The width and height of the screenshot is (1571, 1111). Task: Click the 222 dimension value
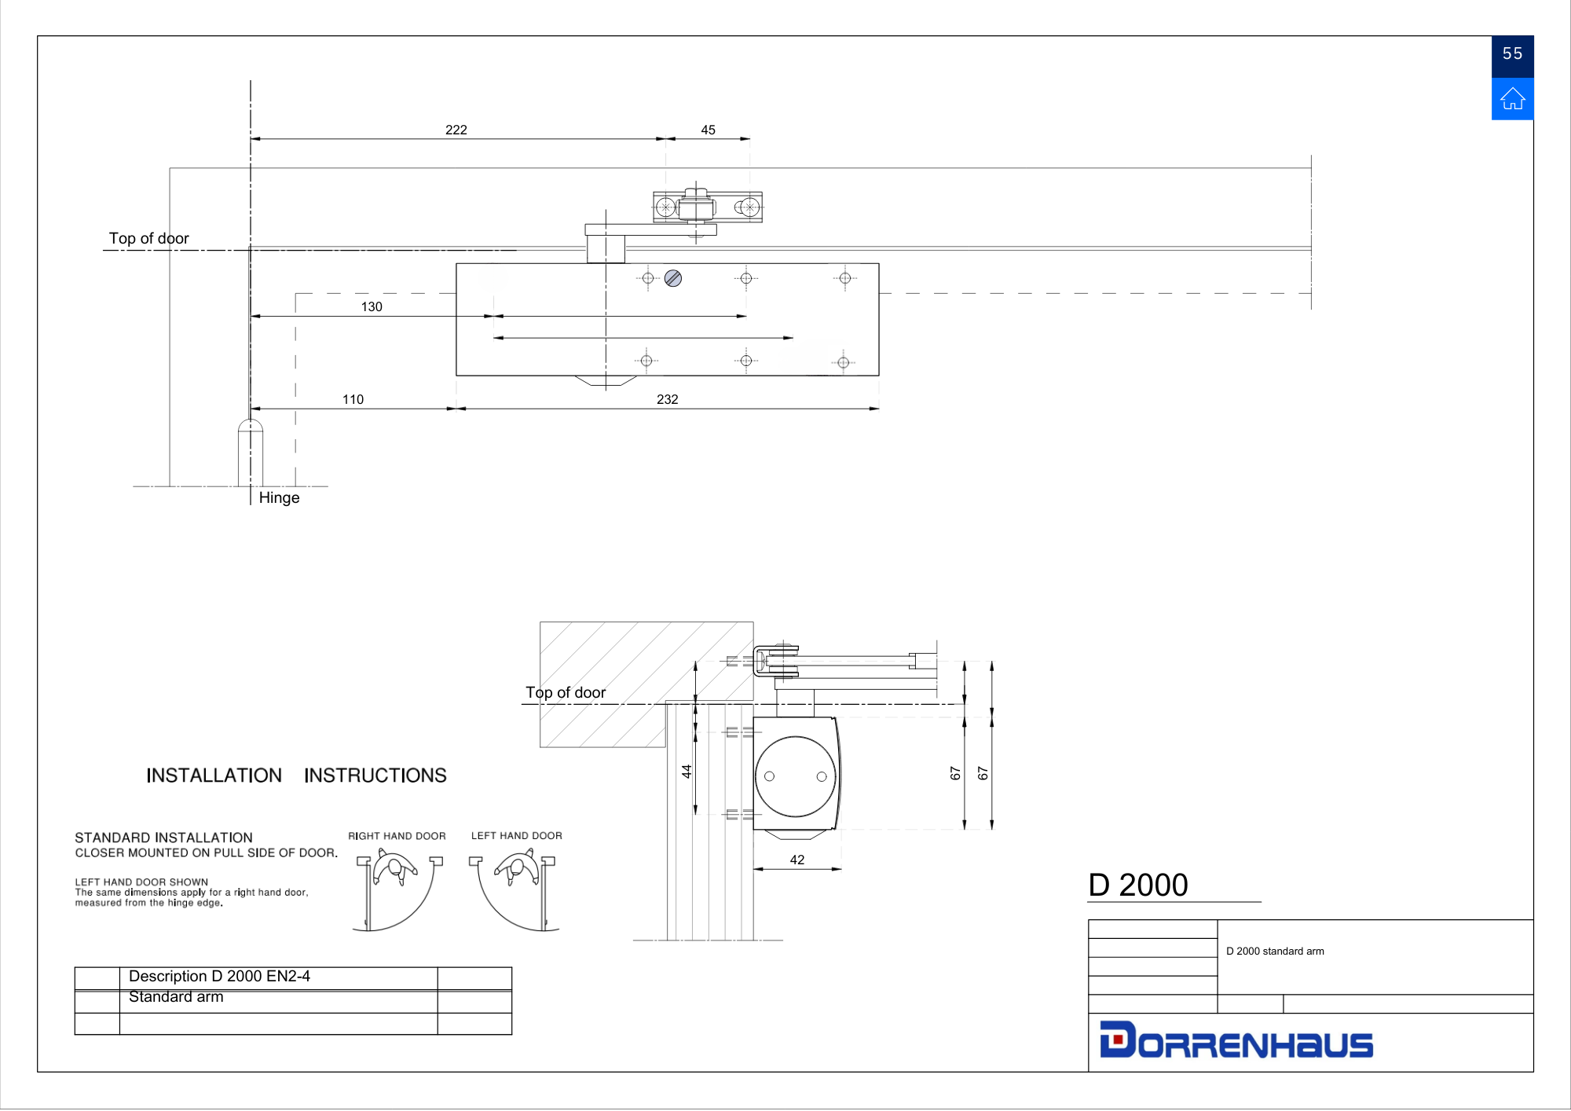pyautogui.click(x=456, y=130)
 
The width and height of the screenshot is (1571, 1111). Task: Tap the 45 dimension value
pyautogui.click(x=708, y=130)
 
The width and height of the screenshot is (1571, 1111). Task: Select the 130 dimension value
pyautogui.click(x=372, y=306)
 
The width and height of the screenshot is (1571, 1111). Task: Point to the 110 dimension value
pyautogui.click(x=353, y=399)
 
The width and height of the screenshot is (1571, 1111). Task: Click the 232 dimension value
pyautogui.click(x=667, y=399)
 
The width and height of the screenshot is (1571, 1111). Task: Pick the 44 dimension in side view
pyautogui.click(x=687, y=772)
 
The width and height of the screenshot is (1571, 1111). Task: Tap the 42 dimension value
pyautogui.click(x=796, y=860)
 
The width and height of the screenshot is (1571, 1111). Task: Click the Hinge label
pyautogui.click(x=279, y=498)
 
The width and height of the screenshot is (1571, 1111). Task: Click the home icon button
pyautogui.click(x=1512, y=99)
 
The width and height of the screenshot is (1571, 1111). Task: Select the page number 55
pyautogui.click(x=1512, y=53)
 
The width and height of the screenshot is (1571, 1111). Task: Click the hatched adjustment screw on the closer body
pyautogui.click(x=672, y=278)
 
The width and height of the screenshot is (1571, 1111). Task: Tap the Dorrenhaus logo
pyautogui.click(x=1236, y=1040)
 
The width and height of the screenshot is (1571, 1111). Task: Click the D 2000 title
pyautogui.click(x=1137, y=885)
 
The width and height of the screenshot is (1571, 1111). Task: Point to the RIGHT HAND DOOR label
pyautogui.click(x=397, y=836)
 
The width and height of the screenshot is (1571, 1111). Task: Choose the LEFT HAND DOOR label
pyautogui.click(x=516, y=836)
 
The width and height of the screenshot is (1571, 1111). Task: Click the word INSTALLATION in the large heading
pyautogui.click(x=214, y=775)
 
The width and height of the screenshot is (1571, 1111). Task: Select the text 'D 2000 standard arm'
pyautogui.click(x=1275, y=951)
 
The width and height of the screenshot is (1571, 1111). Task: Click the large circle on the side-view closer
pyautogui.click(x=795, y=736)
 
